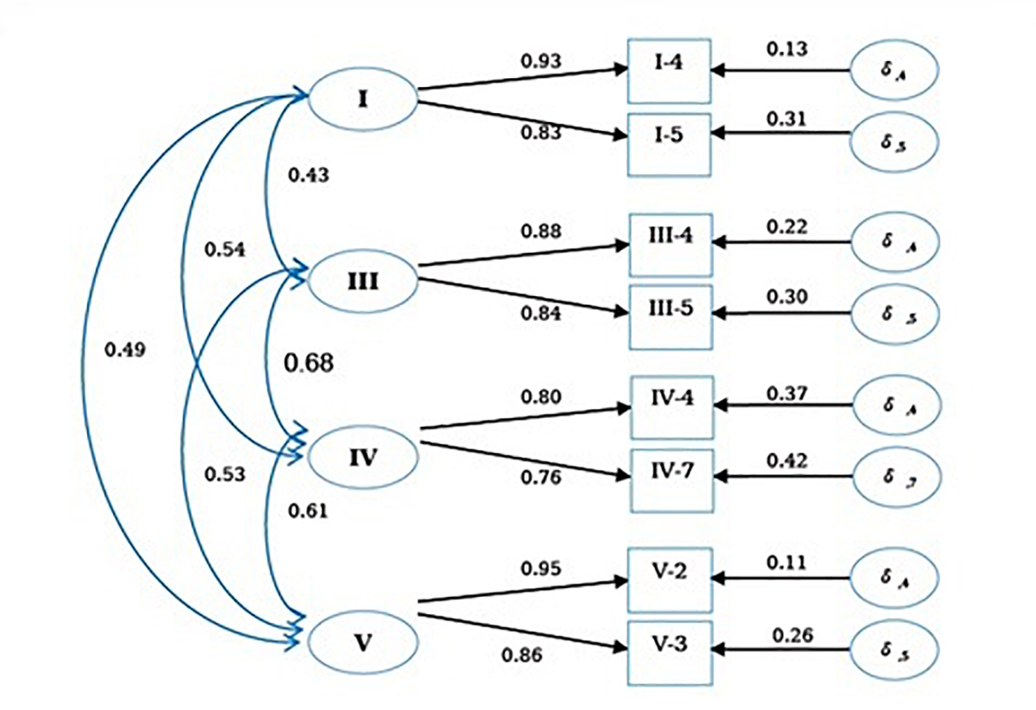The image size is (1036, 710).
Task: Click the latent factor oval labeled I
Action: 362,99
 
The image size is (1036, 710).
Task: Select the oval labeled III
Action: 362,281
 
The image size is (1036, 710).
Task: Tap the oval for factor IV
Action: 362,457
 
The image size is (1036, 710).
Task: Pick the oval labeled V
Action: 362,642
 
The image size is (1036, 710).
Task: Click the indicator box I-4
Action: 669,70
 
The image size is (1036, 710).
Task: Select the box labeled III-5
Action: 670,316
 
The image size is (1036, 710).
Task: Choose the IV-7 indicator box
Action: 672,480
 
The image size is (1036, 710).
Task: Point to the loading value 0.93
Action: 541,61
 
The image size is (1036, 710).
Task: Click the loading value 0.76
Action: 541,478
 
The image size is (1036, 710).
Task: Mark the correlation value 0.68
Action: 309,363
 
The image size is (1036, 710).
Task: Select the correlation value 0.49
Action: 125,349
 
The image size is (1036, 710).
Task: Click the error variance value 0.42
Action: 787,461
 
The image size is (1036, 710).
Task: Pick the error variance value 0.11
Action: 786,562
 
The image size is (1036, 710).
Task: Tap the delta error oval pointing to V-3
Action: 895,651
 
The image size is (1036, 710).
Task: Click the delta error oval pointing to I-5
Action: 894,141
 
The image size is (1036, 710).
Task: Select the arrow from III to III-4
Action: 523,255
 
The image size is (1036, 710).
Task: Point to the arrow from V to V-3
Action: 523,631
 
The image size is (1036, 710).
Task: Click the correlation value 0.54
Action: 224,249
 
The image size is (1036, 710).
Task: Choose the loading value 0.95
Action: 541,569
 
